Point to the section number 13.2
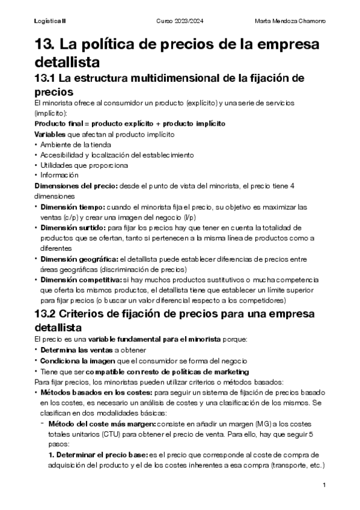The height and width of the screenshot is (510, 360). click(48, 315)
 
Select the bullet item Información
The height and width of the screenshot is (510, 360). click(59, 175)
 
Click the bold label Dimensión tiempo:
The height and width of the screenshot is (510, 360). click(72, 207)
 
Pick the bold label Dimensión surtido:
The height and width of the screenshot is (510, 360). click(72, 228)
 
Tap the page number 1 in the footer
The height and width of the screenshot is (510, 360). click(324, 485)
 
